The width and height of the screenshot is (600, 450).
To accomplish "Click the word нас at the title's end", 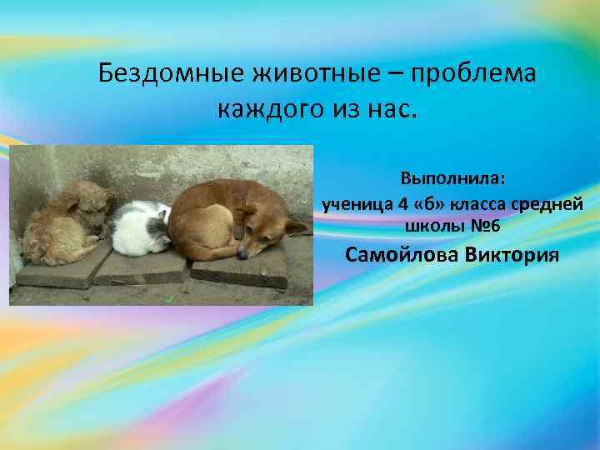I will click(x=389, y=109).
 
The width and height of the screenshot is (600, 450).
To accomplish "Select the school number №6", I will click(x=484, y=226).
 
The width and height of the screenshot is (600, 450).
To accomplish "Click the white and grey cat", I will click(x=141, y=227).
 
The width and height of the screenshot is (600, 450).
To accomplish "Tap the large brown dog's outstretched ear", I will click(x=296, y=226).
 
